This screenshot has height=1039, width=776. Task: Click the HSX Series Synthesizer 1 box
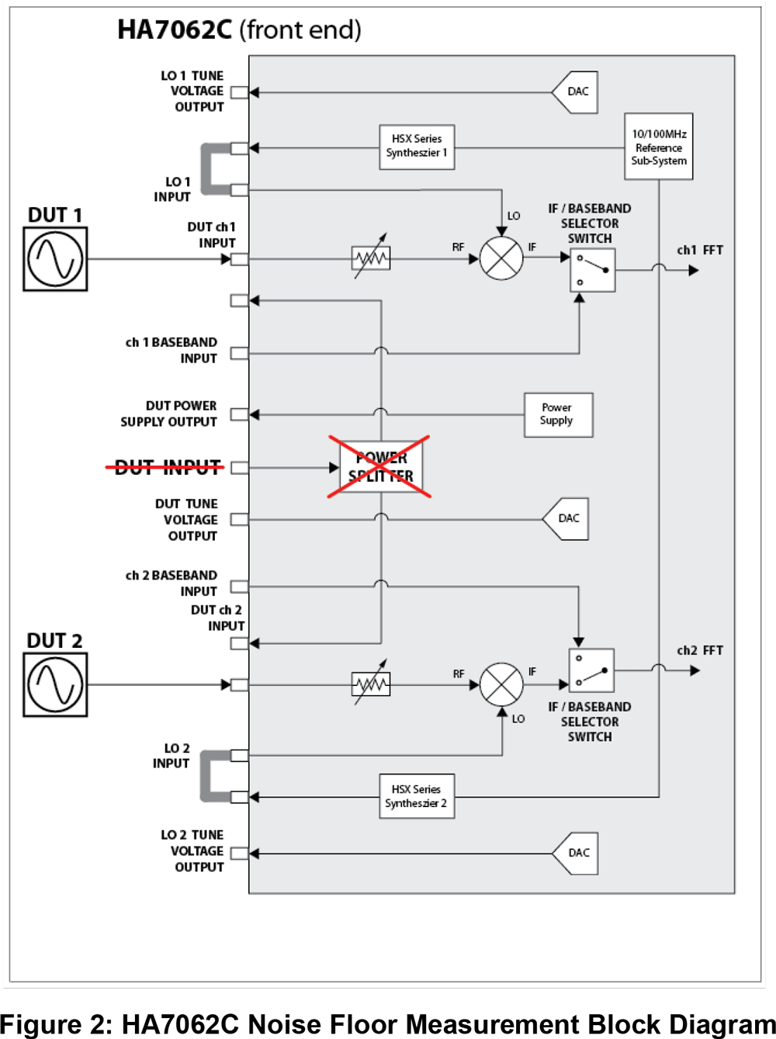417,147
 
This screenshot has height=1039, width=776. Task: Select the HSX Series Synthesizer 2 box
417,796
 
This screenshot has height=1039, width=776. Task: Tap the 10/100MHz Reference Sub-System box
659,147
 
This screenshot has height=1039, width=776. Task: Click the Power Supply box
558,414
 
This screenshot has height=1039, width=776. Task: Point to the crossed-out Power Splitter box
380,467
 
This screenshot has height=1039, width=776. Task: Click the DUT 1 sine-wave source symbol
55,259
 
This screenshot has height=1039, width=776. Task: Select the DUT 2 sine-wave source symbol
55,684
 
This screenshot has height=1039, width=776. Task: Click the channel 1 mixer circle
501,258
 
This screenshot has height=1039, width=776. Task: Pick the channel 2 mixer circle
501,684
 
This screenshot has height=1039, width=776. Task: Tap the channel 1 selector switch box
593,270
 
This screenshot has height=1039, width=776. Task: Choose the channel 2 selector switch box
591,670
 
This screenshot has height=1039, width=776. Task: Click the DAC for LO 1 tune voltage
576,92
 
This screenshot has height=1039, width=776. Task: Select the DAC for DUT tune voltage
566,518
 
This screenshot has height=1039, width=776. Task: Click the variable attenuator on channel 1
371,258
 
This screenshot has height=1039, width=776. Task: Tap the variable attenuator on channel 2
371,684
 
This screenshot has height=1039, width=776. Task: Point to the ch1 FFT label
699,251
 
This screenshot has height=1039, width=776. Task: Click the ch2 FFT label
699,650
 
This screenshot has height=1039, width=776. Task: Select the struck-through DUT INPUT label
167,467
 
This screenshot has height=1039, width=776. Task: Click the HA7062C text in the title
175,30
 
